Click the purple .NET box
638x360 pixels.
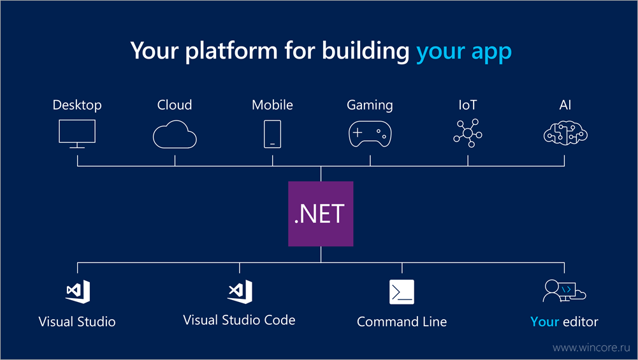321,213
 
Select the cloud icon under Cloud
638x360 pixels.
175,134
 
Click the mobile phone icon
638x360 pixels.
272,134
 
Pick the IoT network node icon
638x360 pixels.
468,133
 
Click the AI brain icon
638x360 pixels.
565,133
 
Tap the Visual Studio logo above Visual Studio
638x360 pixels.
78,292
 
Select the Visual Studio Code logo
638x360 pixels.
240,292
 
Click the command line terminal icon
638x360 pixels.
402,292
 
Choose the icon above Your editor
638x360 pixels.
564,291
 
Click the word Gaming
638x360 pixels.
370,105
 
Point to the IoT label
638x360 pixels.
468,105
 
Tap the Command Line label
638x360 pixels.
402,322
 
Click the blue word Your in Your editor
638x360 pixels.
544,322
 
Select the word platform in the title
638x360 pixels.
231,51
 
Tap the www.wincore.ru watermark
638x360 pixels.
591,348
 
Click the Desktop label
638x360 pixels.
77,105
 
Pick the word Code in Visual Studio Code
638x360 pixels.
280,320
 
